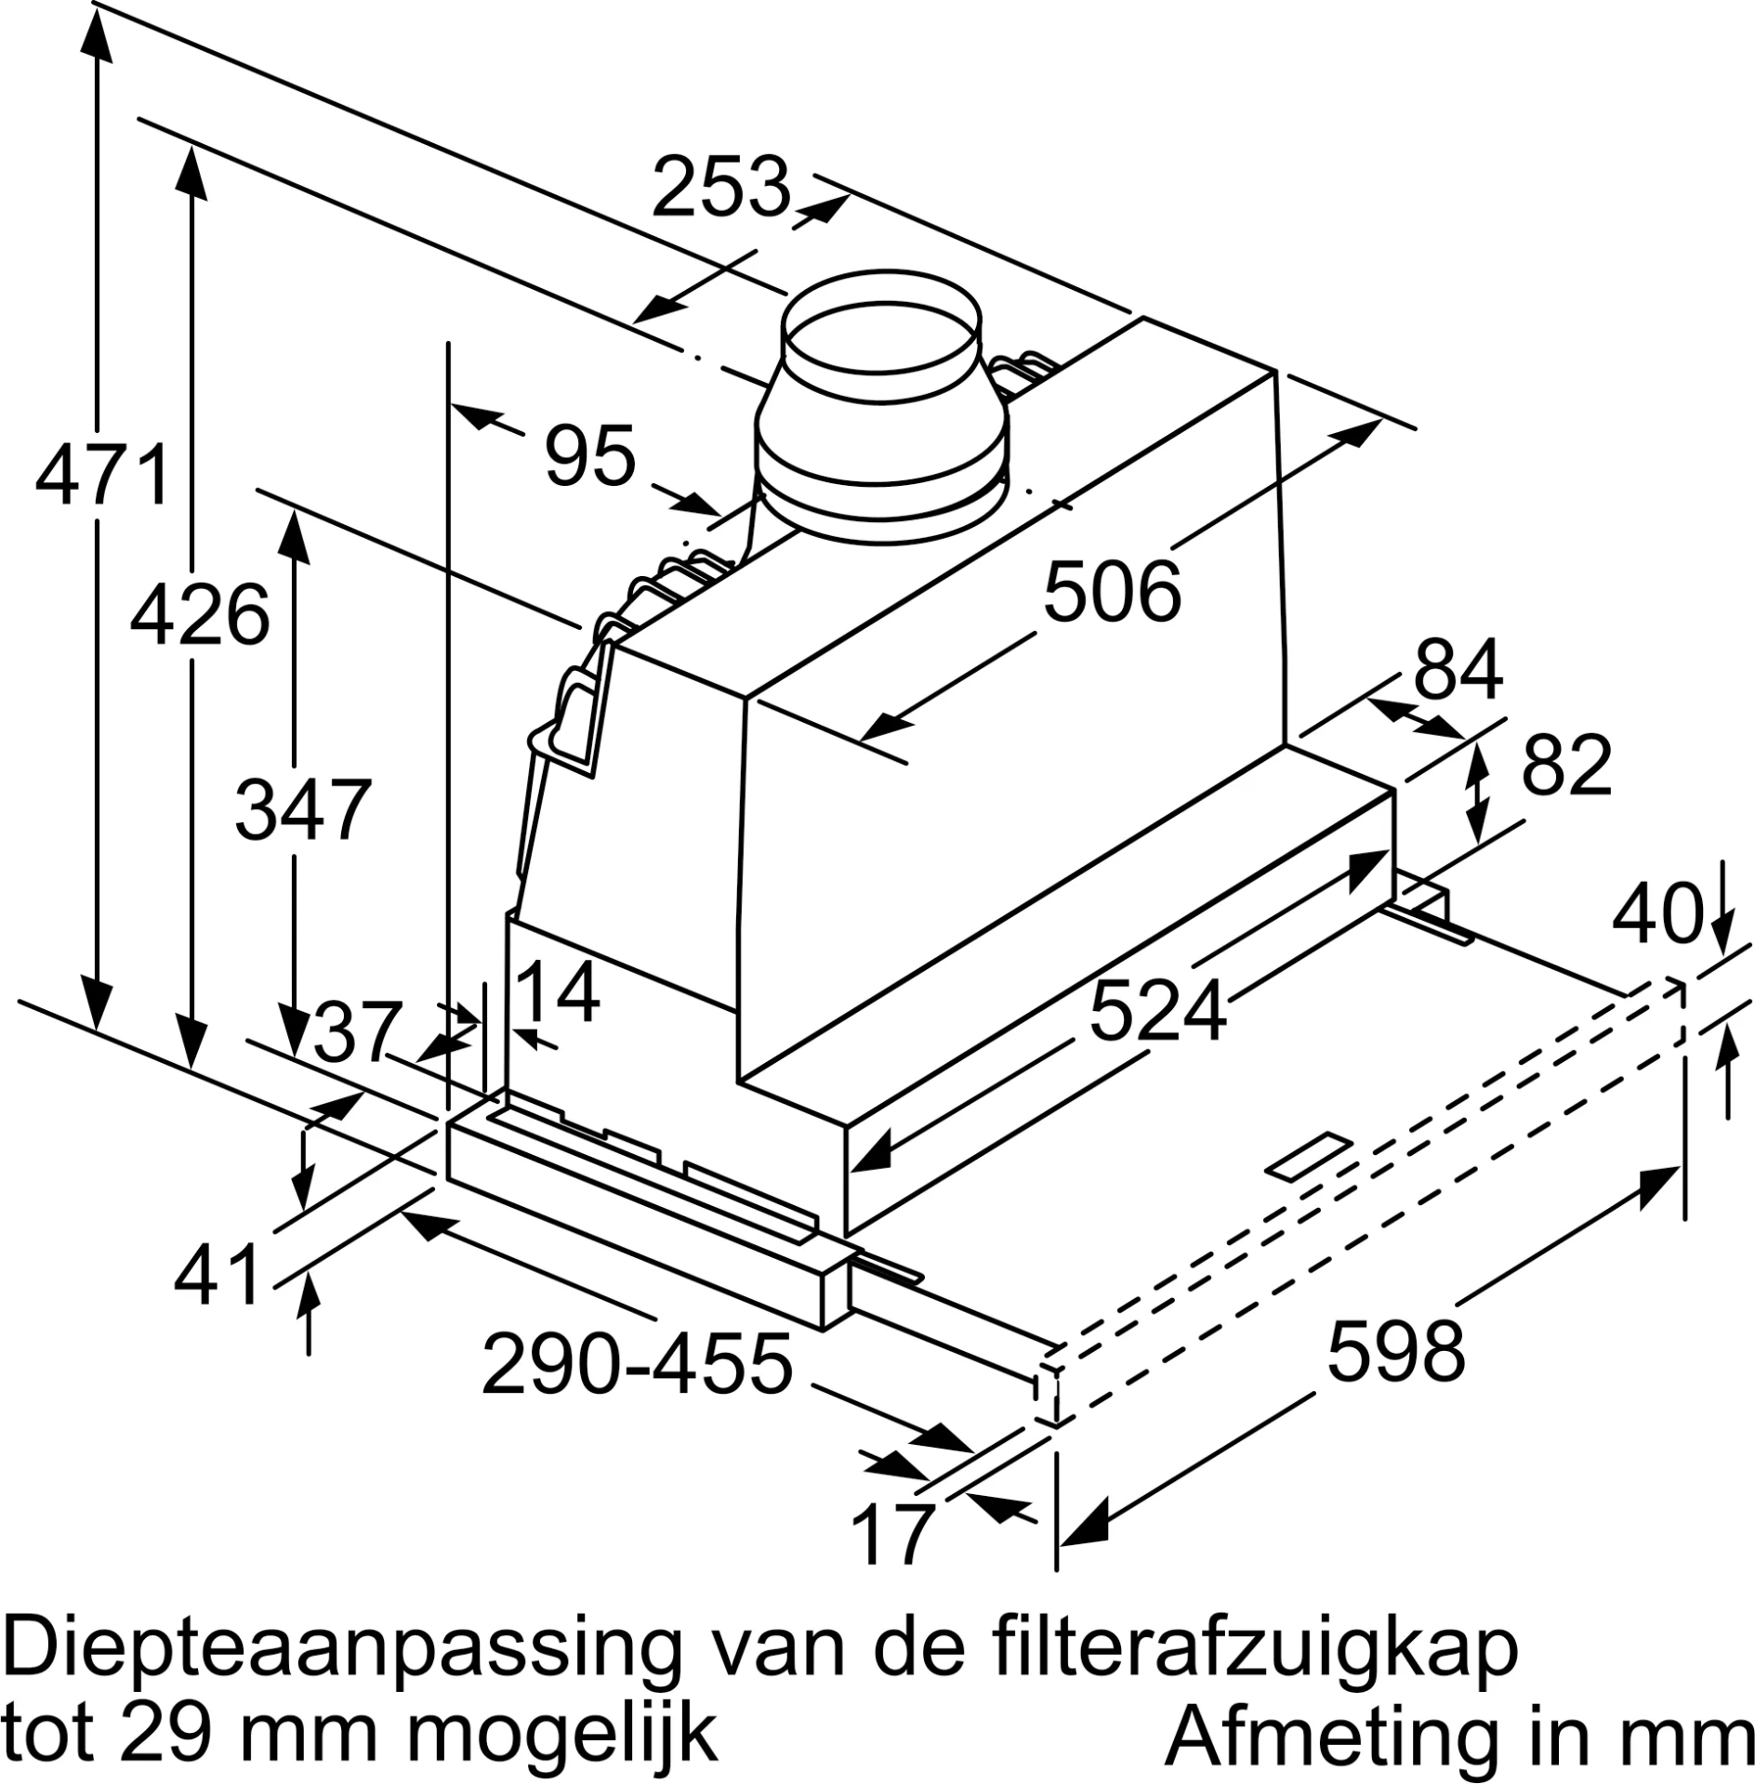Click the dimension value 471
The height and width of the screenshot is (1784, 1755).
pos(102,475)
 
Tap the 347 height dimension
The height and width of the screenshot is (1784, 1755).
pos(303,810)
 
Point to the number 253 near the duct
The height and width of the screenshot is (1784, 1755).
pos(721,187)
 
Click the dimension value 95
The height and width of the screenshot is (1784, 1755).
pos(590,455)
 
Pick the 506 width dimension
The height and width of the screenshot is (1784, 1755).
pos(1112,592)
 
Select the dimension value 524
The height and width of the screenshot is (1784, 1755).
pos(1157,1012)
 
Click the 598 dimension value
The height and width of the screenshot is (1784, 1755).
pos(1395,1351)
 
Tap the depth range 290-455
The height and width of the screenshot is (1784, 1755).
pos(637,1364)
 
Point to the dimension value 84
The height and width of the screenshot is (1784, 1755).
pos(1458,669)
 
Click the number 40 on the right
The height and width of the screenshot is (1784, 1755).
pos(1656,915)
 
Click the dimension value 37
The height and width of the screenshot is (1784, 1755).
pos(357,1031)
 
